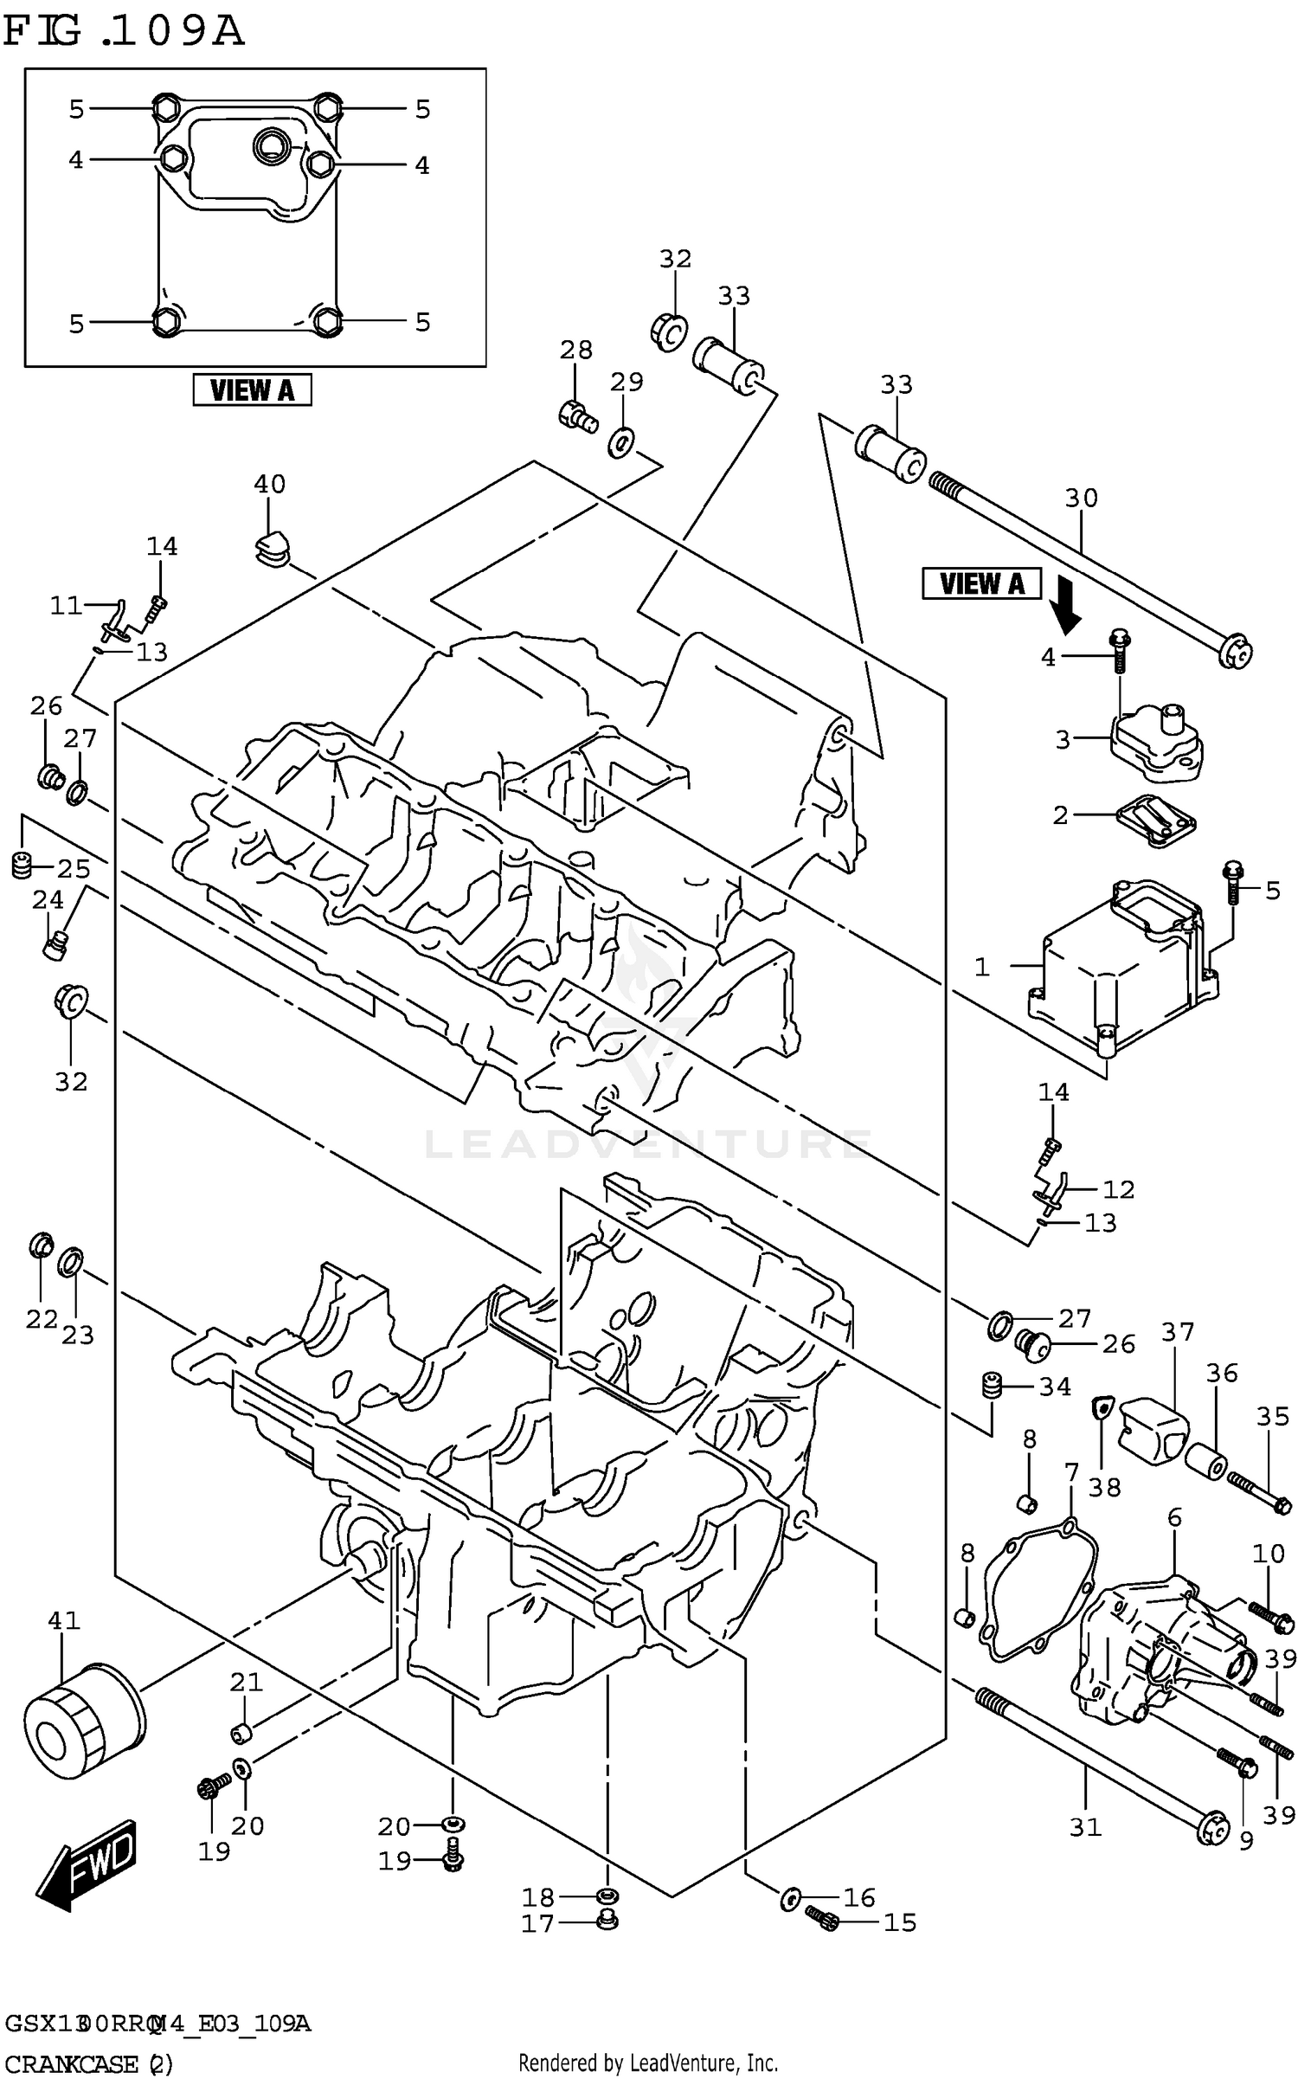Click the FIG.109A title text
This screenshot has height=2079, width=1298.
click(124, 32)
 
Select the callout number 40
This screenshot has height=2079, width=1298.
click(269, 484)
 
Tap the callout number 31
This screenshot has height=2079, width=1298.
click(1085, 1827)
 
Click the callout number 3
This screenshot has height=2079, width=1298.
click(1063, 739)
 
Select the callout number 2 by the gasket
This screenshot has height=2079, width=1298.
click(1060, 814)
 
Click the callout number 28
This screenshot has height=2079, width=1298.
click(575, 350)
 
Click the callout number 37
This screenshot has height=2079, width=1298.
click(1177, 1332)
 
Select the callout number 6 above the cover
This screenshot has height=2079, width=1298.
click(1174, 1517)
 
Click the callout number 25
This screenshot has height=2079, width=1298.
click(74, 868)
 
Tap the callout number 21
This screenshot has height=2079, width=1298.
click(246, 1682)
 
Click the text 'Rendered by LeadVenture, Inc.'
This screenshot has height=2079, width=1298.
click(647, 2063)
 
